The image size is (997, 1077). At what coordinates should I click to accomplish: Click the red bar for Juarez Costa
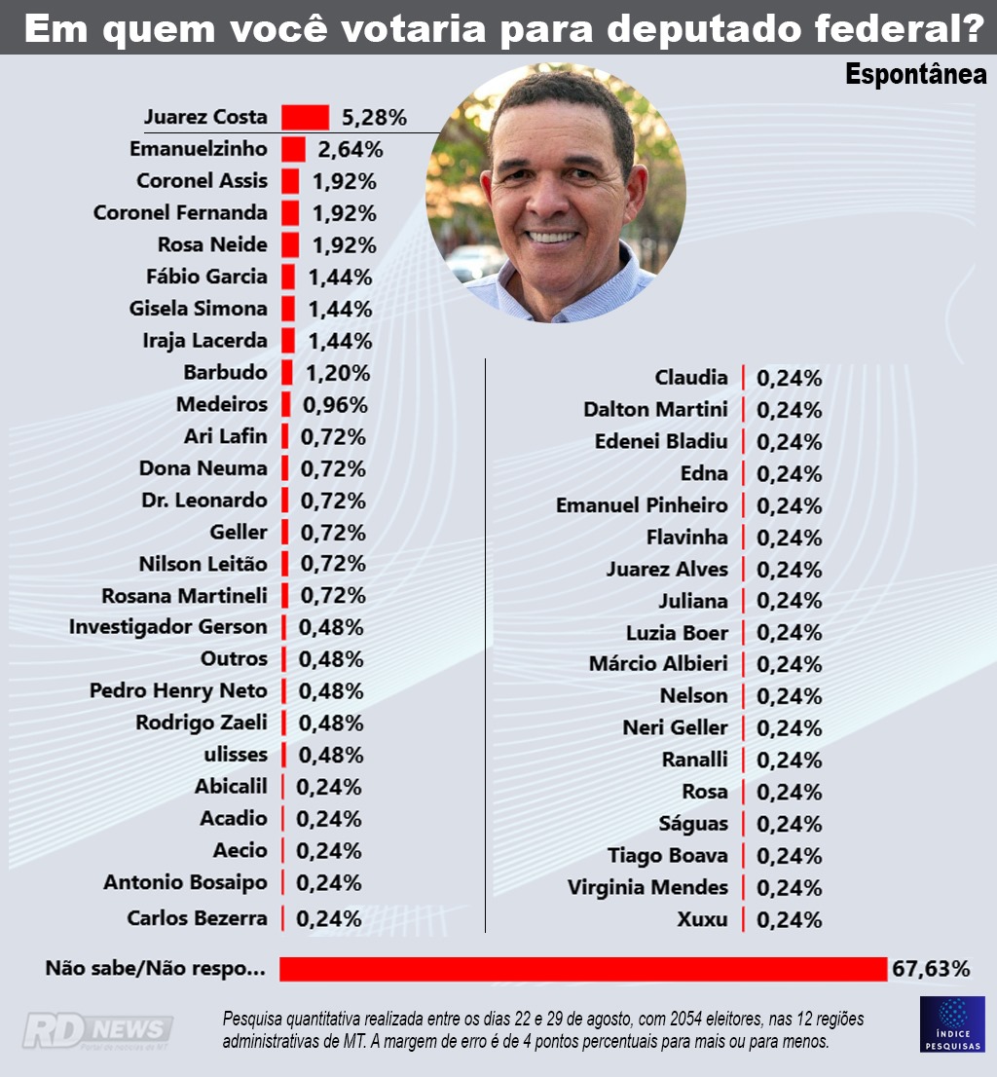305,118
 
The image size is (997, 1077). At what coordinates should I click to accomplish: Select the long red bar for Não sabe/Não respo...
583,969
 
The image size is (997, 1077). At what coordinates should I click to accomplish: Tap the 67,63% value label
932,969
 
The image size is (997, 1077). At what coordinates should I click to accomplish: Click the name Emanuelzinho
198,149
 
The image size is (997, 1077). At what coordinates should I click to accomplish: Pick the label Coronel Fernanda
180,212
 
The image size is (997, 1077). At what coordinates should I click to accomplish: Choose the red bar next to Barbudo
287,373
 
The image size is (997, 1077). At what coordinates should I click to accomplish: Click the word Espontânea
915,74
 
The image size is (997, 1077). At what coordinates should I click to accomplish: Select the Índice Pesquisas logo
952,1023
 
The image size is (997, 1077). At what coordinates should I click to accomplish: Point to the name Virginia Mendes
647,888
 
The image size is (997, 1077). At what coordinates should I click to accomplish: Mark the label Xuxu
702,919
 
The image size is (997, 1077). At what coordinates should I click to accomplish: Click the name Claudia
691,378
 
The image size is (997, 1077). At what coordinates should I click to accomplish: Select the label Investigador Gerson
167,627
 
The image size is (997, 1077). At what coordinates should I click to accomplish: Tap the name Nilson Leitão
203,564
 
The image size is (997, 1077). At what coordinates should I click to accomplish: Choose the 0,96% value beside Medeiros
334,405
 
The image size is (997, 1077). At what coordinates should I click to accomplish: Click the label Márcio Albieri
658,664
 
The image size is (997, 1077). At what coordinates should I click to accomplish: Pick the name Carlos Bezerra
197,918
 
